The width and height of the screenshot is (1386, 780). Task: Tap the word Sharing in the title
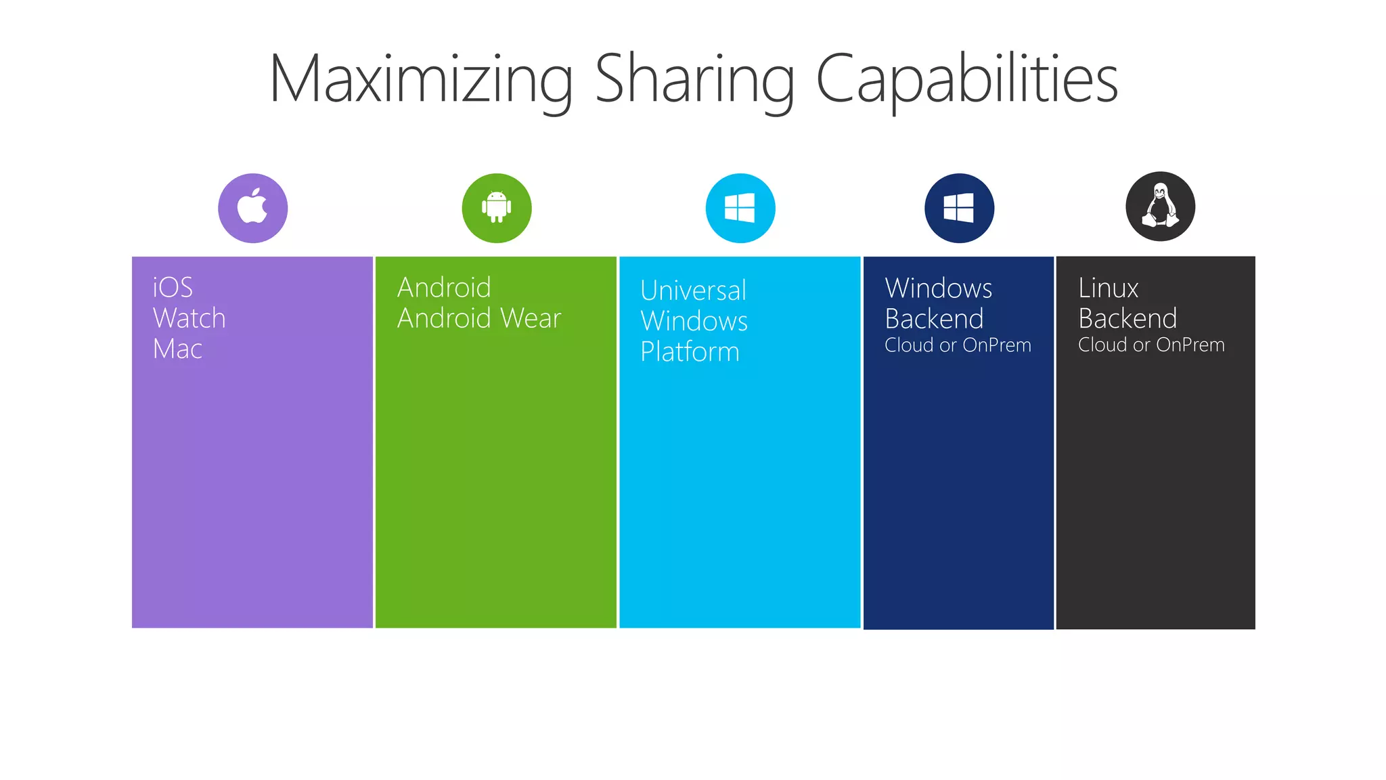point(694,80)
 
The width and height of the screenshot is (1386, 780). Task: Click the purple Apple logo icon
point(252,208)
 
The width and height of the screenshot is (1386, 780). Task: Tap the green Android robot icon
point(497,208)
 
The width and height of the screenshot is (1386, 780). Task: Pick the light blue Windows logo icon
point(740,208)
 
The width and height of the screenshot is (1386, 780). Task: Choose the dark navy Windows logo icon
point(959,208)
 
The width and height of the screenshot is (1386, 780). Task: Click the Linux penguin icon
point(1160,207)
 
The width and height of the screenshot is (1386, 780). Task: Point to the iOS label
point(173,288)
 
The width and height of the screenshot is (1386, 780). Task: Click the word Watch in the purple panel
point(189,318)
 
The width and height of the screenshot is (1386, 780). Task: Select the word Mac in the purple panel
point(177,349)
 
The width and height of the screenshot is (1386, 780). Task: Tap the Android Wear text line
point(479,318)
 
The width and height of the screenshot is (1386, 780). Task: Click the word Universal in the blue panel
point(693,290)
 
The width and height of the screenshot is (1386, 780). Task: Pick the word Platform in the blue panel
point(690,352)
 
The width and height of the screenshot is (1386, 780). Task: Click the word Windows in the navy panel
point(938,288)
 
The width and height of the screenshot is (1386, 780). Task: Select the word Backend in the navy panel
point(934,319)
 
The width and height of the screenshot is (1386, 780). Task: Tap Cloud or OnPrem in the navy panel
point(958,345)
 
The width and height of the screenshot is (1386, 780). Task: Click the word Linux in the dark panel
point(1108,288)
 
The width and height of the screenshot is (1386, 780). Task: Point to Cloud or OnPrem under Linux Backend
point(1151,345)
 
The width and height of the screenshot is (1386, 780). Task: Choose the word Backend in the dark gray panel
point(1127,319)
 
